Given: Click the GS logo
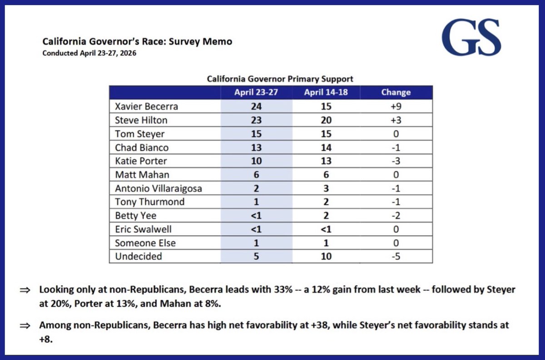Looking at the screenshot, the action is pos(471,37).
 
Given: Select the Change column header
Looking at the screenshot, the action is pos(396,93).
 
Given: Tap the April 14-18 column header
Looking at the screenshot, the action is pos(326,93).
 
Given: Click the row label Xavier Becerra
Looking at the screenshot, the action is pos(146,107).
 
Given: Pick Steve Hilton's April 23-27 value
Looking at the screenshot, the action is pos(256,120).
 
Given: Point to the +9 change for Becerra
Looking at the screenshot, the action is pos(396,107).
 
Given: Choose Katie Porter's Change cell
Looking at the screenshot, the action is pos(396,161).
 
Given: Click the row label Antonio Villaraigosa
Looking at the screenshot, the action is pos(159,188).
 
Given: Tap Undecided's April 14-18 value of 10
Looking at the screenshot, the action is pos(326,256).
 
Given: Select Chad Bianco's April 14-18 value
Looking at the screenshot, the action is pos(326,148).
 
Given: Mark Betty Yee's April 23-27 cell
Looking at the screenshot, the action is pos(256,216).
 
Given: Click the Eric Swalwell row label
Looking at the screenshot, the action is pos(143,229).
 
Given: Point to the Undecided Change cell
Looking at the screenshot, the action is pos(396,256).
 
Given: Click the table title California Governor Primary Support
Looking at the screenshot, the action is pos(280,79).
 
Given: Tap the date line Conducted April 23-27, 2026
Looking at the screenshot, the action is pos(89,53).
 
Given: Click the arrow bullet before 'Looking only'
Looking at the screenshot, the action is pos(25,290).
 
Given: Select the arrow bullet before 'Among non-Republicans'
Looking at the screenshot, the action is pos(25,325).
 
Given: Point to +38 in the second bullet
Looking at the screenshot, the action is pos(321,325).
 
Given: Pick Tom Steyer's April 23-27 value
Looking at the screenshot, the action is pos(256,134).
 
